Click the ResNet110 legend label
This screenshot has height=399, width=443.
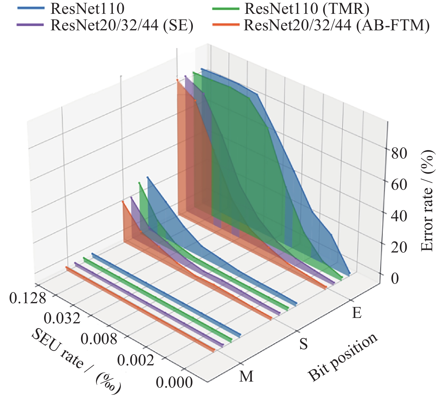click(87, 9)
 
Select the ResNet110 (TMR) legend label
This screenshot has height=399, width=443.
click(307, 9)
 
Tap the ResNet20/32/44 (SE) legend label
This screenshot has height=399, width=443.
click(122, 25)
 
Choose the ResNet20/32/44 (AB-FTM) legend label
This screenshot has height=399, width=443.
click(337, 25)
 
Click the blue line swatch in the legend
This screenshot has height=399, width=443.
click(31, 9)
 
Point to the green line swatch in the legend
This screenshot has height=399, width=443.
click(226, 9)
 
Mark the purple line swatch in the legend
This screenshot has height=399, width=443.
click(31, 25)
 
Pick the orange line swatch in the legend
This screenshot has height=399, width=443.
click(226, 25)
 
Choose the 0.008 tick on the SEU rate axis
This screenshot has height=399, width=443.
click(99, 338)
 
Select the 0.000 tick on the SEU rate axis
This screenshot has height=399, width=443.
click(174, 382)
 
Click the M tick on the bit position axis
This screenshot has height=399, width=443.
click(246, 376)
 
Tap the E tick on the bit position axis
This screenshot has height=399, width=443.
click(356, 313)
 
